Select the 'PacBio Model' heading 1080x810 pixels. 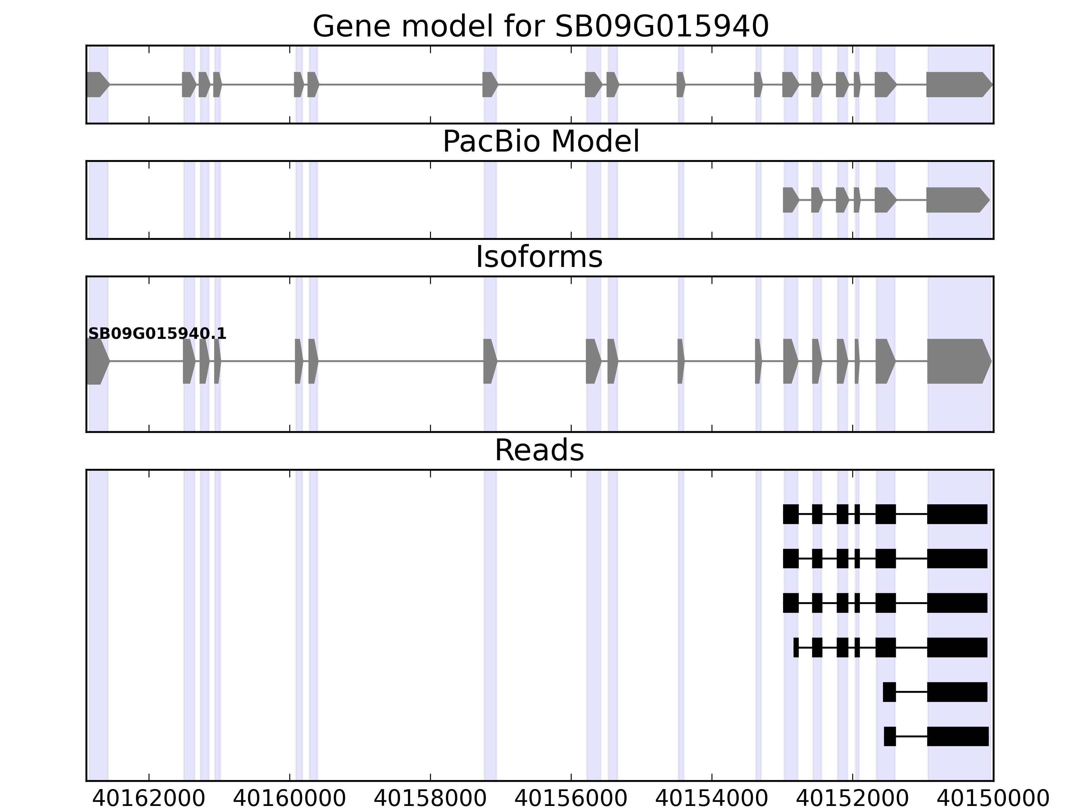click(x=540, y=142)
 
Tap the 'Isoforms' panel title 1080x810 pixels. click(x=539, y=257)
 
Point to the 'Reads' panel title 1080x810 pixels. click(x=539, y=450)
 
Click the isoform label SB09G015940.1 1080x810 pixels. click(x=157, y=334)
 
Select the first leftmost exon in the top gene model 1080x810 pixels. click(x=97, y=84)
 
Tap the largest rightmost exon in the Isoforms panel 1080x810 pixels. click(x=957, y=361)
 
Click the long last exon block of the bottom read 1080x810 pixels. click(x=957, y=736)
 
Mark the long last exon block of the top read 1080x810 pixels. click(x=957, y=514)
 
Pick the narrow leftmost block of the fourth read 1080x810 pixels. click(x=796, y=647)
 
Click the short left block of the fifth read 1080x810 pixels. click(x=889, y=692)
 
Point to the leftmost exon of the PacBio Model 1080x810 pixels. click(x=789, y=200)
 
